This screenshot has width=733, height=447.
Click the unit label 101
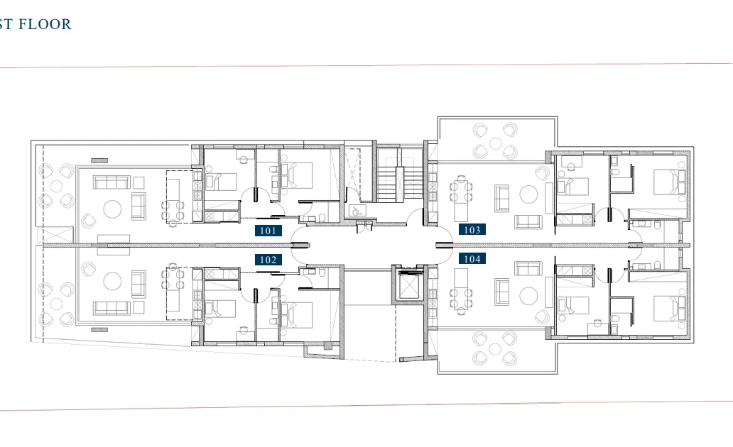[x=268, y=231]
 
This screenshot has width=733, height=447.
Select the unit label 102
[x=268, y=260]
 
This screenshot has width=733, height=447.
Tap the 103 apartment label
[x=472, y=230]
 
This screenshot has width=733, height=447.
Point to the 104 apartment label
[x=472, y=259]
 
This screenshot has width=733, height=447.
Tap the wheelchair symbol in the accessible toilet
[x=355, y=210]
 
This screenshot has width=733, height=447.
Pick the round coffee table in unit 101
[x=112, y=208]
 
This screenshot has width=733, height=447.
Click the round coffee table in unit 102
[x=113, y=282]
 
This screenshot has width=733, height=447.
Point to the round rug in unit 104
[x=528, y=294]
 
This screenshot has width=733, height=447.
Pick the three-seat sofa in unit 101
[x=112, y=183]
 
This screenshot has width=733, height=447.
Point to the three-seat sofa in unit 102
[x=111, y=308]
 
